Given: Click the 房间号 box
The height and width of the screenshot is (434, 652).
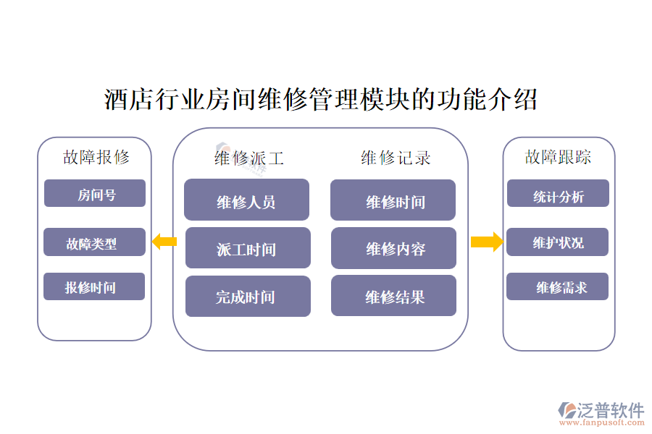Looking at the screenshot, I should [x=95, y=194].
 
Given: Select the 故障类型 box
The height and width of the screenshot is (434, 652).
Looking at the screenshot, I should [x=94, y=243].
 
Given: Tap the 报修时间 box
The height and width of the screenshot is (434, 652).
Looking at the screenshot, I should [x=94, y=287].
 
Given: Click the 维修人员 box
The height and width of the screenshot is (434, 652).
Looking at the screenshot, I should [x=246, y=200].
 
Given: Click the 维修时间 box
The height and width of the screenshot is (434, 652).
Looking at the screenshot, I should [x=393, y=200].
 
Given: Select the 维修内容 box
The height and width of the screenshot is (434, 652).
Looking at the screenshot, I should [x=394, y=249].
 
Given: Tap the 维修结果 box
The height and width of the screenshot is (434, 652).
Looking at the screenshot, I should [x=394, y=296].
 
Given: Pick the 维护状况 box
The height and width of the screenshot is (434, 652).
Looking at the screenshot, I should [x=558, y=242].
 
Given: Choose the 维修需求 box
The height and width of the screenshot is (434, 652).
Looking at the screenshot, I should [x=558, y=287].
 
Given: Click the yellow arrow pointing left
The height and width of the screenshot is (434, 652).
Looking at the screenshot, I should [x=164, y=242].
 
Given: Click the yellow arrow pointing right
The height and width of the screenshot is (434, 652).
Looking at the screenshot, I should [x=486, y=242].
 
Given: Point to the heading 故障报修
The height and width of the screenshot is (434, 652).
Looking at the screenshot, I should [x=96, y=156].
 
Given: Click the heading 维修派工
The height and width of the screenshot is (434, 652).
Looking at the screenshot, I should [x=248, y=158].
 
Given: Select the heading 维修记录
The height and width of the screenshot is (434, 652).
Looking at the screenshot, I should [x=396, y=158].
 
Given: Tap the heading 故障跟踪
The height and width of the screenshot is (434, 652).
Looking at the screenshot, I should [x=558, y=156].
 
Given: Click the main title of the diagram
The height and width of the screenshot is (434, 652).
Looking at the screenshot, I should [x=321, y=99].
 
